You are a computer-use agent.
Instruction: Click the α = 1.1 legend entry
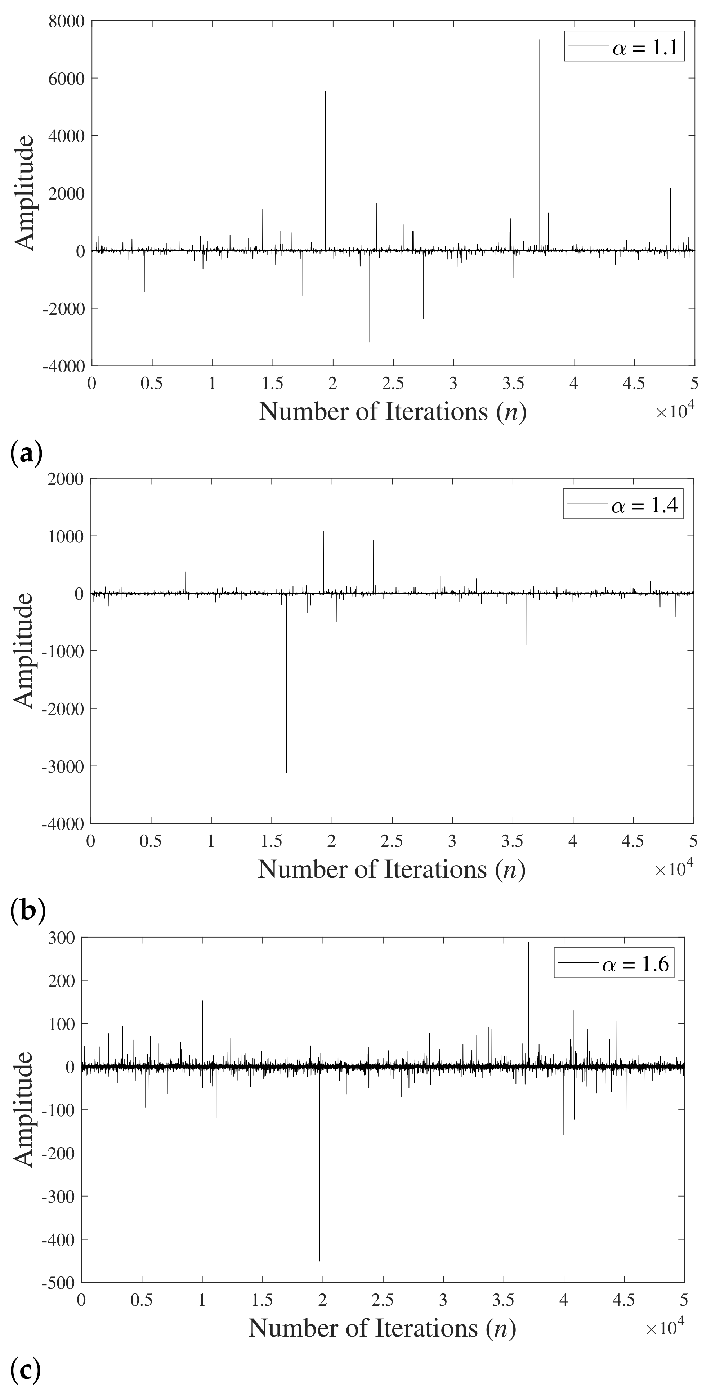[624, 47]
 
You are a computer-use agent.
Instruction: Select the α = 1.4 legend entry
[623, 505]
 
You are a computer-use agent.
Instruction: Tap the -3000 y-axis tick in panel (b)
[66, 766]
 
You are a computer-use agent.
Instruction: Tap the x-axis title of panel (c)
[382, 1328]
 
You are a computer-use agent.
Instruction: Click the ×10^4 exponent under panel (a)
[675, 412]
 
